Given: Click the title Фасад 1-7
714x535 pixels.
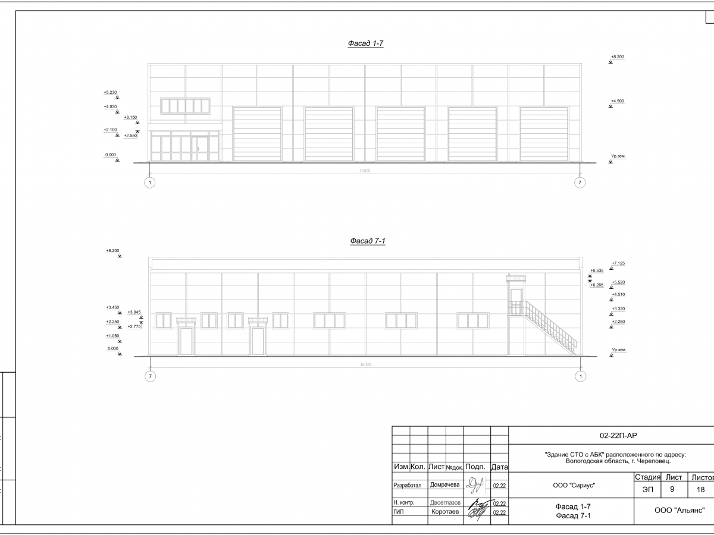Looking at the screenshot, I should click(x=365, y=43).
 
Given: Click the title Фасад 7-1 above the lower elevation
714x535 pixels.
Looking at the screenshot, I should click(x=368, y=241).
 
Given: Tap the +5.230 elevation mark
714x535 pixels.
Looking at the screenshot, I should click(x=110, y=93).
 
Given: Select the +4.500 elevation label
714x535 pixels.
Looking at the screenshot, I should click(x=617, y=101).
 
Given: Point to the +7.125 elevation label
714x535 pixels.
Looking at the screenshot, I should click(x=618, y=263).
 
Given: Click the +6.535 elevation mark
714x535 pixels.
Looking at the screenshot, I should click(x=597, y=270).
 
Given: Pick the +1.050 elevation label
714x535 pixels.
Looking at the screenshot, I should click(x=112, y=336).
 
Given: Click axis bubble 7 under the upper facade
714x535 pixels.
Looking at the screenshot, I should click(x=580, y=182).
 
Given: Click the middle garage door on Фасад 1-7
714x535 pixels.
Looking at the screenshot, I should click(x=400, y=134).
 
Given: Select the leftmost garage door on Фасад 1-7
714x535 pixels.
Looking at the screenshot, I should click(x=256, y=134).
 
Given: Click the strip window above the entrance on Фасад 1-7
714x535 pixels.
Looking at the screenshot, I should click(x=186, y=106).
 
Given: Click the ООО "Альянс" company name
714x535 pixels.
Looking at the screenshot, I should click(x=679, y=510).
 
